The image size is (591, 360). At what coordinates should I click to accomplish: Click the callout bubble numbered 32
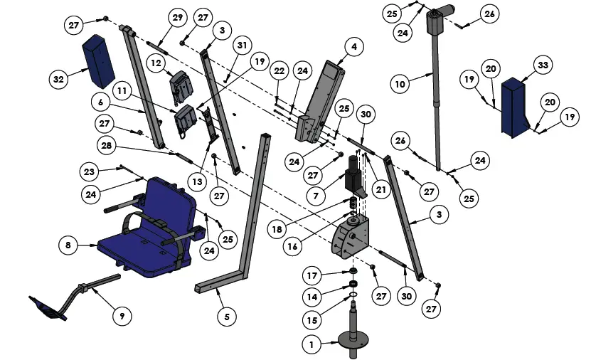point(58,79)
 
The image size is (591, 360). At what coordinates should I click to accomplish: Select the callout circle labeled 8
point(67,245)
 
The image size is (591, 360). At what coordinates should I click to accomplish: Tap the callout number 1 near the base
point(309,344)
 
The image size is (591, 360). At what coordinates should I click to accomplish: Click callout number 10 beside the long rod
point(400,84)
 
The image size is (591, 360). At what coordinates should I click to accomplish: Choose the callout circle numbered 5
point(225,316)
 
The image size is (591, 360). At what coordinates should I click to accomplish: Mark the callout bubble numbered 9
point(122,316)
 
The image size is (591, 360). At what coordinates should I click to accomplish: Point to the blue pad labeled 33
point(514,107)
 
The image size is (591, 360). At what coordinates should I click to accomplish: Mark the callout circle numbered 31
point(243,46)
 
